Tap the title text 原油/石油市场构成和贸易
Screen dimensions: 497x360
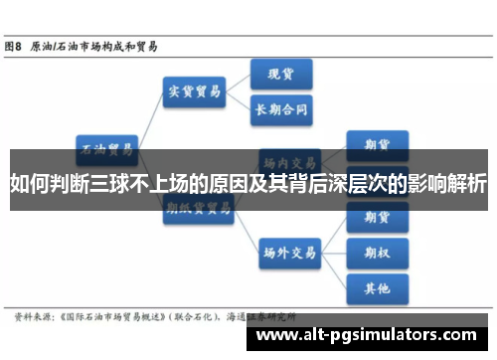coord(94,46)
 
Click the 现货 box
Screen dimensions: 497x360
coord(279,74)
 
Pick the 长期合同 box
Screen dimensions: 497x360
coord(281,107)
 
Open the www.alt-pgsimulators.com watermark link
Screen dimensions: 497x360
coord(365,335)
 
